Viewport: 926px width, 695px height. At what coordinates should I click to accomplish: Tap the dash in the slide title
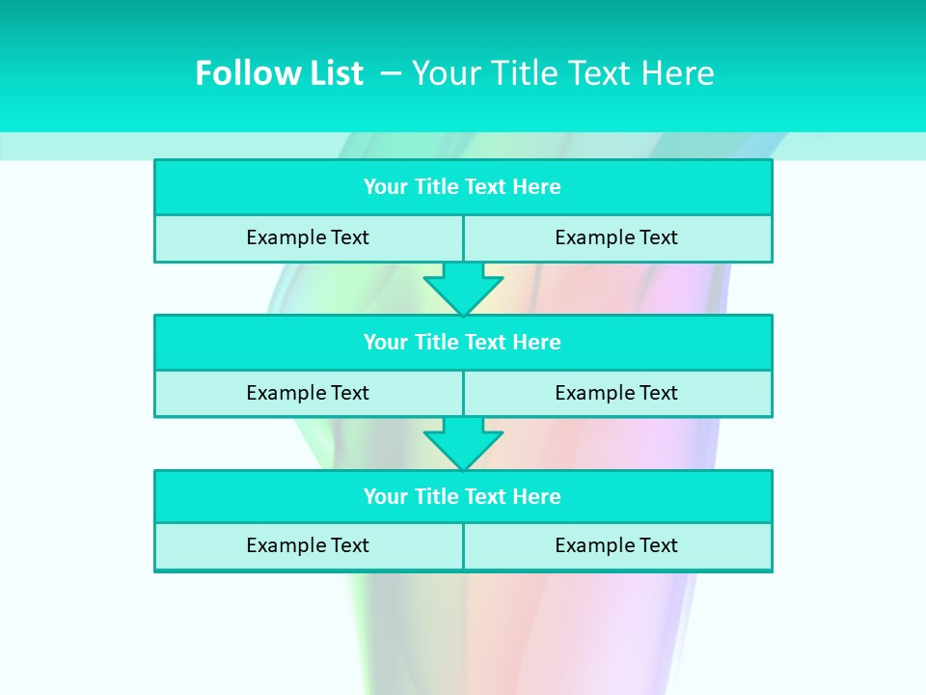click(390, 71)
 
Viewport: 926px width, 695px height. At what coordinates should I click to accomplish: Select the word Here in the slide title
click(676, 73)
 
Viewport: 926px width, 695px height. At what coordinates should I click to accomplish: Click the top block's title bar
click(463, 187)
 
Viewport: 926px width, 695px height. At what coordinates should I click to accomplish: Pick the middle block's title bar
click(463, 343)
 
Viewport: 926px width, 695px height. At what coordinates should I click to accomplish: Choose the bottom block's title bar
click(463, 497)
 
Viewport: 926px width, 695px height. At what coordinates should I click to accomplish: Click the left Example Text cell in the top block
click(308, 237)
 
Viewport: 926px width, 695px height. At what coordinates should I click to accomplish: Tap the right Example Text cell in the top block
click(616, 237)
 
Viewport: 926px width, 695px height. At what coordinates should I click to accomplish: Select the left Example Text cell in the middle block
click(308, 393)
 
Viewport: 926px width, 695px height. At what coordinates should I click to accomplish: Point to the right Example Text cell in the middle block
click(616, 393)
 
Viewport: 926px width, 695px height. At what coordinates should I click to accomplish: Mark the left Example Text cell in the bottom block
click(308, 545)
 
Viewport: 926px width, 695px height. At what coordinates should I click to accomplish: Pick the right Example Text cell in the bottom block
click(616, 545)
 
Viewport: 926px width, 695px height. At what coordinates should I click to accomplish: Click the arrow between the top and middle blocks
click(463, 288)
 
